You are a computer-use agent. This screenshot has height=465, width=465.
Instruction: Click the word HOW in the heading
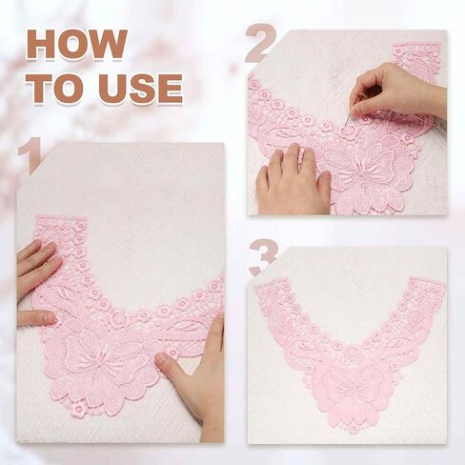(77, 44)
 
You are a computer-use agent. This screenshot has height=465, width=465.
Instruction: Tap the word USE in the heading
(140, 88)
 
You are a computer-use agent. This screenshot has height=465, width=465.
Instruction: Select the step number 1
(30, 154)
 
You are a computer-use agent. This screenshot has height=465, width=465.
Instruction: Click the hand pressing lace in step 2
(293, 181)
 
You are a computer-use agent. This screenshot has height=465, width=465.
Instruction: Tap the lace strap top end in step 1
(60, 222)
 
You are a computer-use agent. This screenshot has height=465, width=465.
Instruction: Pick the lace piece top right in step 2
(416, 60)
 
